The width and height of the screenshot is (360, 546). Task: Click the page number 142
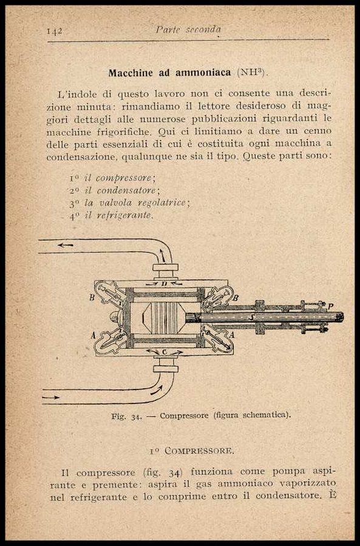55,31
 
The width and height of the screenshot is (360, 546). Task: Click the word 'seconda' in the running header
203,30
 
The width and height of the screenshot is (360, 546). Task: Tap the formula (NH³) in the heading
250,72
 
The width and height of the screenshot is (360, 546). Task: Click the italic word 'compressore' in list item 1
124,178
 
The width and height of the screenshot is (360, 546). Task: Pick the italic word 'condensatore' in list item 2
126,190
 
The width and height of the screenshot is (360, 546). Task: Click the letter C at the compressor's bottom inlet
165,352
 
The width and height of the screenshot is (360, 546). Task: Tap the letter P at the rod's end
331,306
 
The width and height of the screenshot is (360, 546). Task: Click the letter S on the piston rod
250,317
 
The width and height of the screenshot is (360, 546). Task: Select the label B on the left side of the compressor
92,298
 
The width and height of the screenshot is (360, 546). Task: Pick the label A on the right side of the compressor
232,335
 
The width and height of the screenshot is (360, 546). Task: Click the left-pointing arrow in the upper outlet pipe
66,245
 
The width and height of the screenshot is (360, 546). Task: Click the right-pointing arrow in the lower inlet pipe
51,397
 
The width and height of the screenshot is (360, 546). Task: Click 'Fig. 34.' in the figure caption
126,416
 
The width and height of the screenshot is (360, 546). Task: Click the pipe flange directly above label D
166,268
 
